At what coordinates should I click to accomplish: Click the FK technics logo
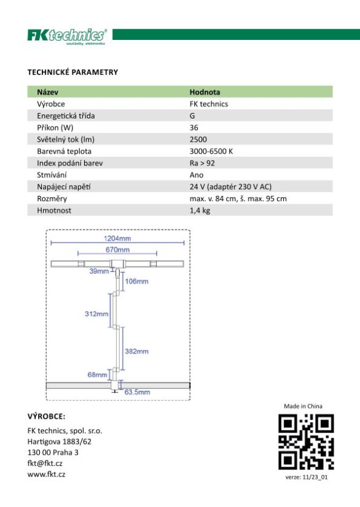[x=67, y=36]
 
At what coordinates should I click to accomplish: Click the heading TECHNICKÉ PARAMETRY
[x=72, y=72]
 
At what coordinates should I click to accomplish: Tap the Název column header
[x=47, y=92]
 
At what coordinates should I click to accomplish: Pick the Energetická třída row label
[x=66, y=115]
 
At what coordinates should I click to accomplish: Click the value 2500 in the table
[x=198, y=139]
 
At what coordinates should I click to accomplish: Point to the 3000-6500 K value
[x=211, y=151]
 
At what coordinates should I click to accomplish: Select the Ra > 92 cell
[x=203, y=163]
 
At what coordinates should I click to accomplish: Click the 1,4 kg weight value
[x=200, y=211]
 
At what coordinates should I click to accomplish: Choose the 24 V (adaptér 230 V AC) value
[x=231, y=187]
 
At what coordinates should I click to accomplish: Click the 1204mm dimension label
[x=117, y=238]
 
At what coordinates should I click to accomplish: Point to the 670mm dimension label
[x=117, y=250]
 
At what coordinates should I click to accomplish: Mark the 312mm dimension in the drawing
[x=96, y=314]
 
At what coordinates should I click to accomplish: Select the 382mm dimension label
[x=136, y=352]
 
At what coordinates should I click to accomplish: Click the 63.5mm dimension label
[x=138, y=391]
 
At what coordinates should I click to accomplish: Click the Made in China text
[x=303, y=406]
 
